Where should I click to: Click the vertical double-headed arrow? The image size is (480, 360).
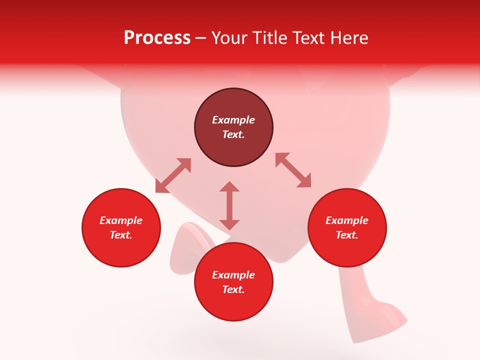pos(229,205)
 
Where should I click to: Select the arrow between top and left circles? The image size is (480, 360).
pos(173,175)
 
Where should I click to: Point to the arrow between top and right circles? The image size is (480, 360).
pos(293,170)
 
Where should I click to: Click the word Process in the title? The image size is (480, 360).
pos(157,38)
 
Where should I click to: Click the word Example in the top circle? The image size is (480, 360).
pos(233,120)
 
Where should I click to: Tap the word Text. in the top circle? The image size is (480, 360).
pos(233,134)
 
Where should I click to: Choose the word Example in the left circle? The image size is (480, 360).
pos(121,220)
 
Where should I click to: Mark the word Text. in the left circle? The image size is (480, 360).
pos(121,235)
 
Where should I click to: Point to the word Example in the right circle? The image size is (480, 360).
pos(347,220)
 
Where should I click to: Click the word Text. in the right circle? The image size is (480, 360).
pos(347,235)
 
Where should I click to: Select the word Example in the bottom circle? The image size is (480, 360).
pos(233,275)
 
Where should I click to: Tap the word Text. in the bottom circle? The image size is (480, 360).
pos(233,289)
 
